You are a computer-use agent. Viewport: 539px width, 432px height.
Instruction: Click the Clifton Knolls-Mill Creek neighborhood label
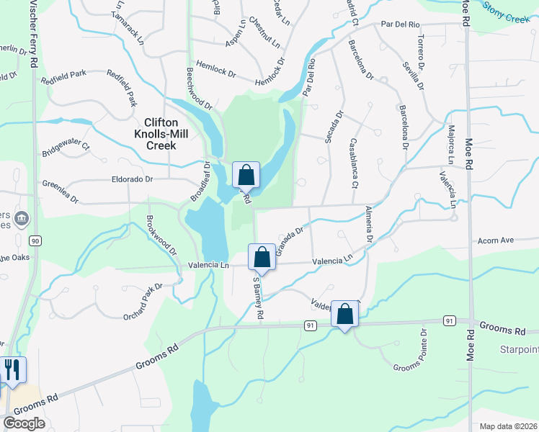[x=160, y=134]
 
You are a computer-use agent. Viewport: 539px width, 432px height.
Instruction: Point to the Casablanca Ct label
[x=355, y=163]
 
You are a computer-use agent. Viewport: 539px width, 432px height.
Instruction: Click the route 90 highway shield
[x=35, y=240]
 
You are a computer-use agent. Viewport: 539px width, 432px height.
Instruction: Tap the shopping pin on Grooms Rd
[x=345, y=315]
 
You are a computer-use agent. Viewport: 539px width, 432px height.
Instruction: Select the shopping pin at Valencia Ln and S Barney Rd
[x=262, y=257]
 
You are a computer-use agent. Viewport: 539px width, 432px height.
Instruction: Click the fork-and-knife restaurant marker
[x=13, y=369]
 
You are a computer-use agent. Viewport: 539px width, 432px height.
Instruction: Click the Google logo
[x=24, y=423]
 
